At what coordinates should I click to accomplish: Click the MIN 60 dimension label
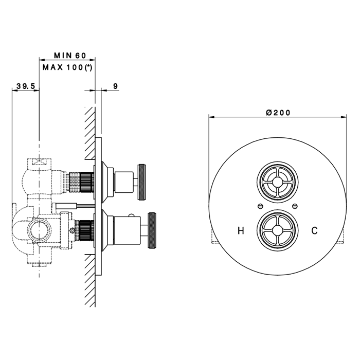[70, 56]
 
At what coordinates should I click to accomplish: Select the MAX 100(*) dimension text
[67, 67]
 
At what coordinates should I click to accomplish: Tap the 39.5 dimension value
[26, 86]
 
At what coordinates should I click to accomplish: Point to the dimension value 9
[116, 86]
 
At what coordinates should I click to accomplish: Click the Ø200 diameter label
[278, 113]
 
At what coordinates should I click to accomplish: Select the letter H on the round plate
[241, 230]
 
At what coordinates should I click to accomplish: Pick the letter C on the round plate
[314, 230]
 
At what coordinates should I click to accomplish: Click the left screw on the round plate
[260, 206]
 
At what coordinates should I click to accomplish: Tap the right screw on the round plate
[295, 206]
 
